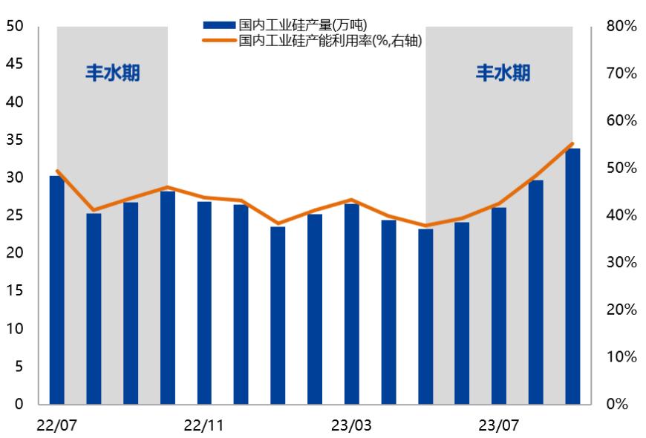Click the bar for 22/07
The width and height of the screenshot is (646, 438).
click(x=56, y=290)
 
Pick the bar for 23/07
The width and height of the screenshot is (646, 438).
click(x=499, y=305)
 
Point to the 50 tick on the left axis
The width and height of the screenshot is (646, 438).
click(x=15, y=27)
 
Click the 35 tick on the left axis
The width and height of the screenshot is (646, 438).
click(x=15, y=140)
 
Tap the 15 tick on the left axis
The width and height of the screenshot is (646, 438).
click(x=15, y=291)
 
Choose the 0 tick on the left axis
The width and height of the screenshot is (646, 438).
click(x=19, y=405)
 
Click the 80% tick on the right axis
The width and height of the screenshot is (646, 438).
click(x=621, y=27)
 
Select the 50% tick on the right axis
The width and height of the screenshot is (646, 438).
click(x=621, y=169)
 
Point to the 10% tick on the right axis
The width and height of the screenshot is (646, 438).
click(x=621, y=357)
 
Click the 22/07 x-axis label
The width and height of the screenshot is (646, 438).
click(x=56, y=425)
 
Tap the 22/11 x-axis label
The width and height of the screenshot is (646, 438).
click(x=204, y=425)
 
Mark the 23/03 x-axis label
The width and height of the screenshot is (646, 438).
click(x=351, y=425)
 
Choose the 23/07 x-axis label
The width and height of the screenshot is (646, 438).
click(x=499, y=425)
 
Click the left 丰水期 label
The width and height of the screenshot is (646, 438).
click(x=111, y=73)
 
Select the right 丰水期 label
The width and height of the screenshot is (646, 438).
click(x=503, y=73)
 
